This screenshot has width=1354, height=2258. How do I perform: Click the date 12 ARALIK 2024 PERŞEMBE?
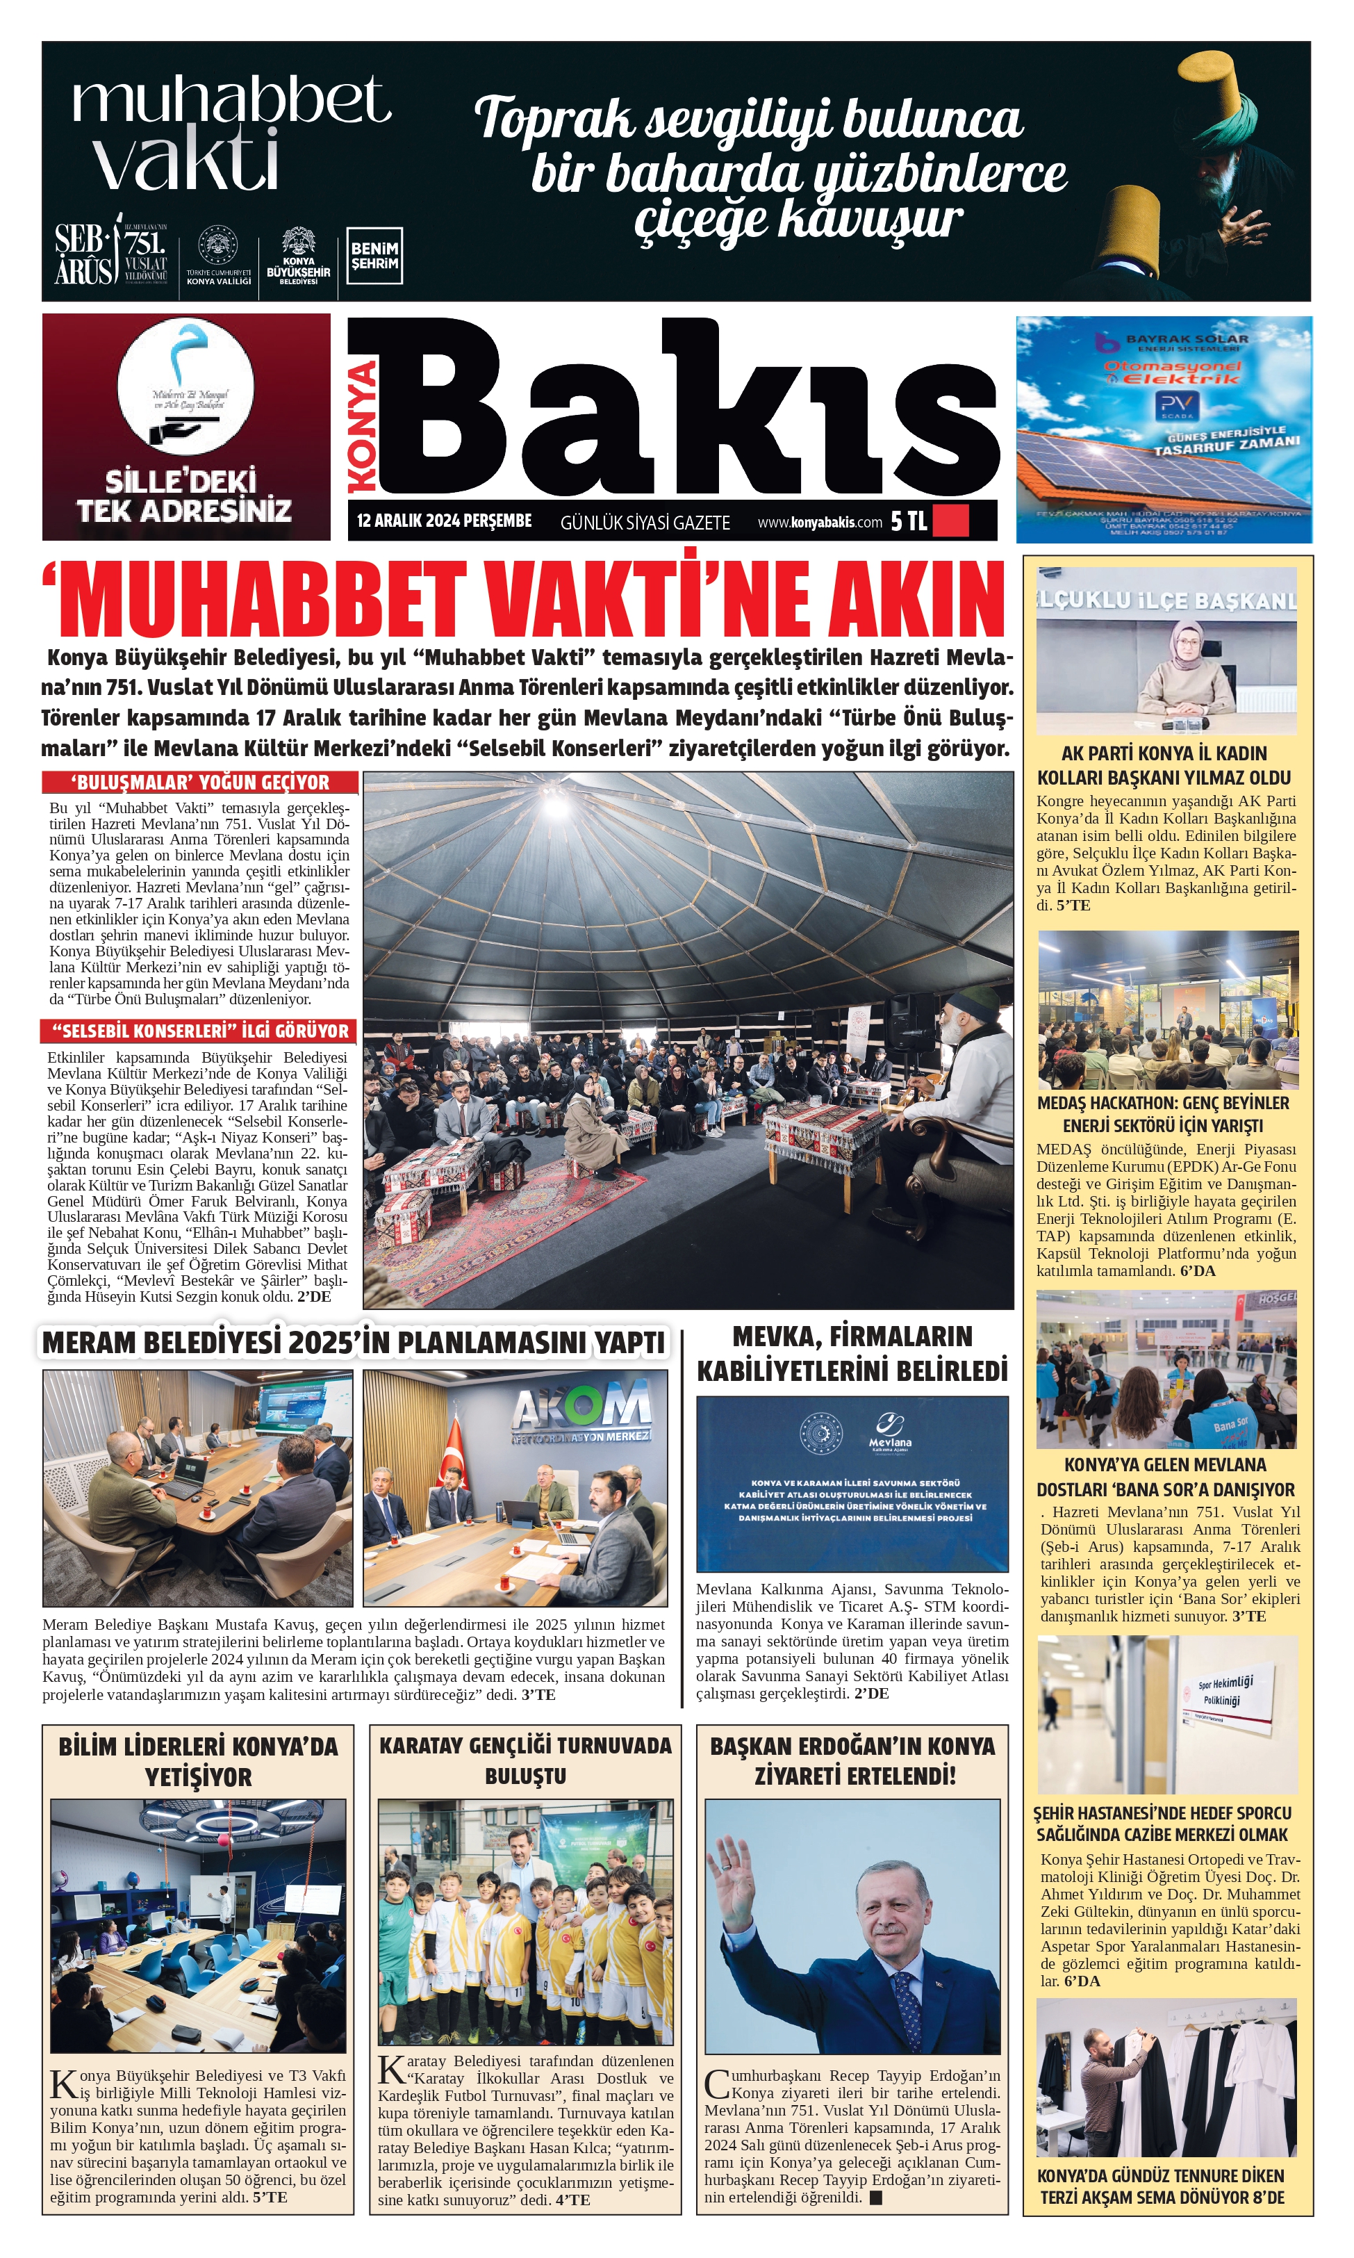[445, 521]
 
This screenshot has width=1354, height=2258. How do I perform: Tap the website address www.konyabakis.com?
[819, 522]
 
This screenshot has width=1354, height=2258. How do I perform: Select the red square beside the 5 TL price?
[951, 521]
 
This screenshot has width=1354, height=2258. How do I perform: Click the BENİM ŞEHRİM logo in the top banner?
[374, 256]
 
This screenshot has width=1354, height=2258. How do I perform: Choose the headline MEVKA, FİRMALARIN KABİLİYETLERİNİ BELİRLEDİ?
[852, 1352]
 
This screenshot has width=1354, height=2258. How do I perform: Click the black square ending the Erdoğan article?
[876, 2198]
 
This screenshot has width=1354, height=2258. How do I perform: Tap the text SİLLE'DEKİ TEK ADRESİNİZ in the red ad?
[184, 496]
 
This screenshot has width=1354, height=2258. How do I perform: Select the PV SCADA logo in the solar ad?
[1170, 404]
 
